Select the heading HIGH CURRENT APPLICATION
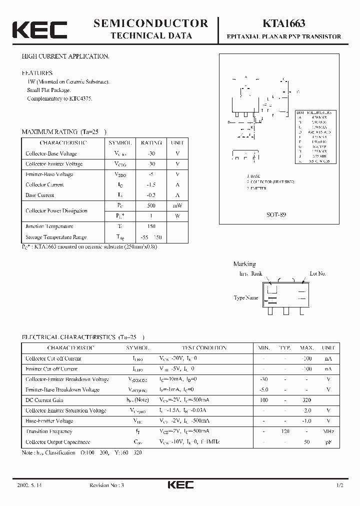(x=65, y=56)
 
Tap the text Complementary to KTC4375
(x=59, y=98)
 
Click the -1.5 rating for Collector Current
(x=151, y=184)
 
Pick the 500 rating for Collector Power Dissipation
(x=151, y=205)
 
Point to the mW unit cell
(x=177, y=205)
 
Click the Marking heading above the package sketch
(x=244, y=264)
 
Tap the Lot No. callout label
(x=317, y=273)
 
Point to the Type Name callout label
(x=246, y=298)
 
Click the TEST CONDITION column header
(x=203, y=347)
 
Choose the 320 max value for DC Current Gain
(x=306, y=400)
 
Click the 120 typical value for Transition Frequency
(x=285, y=431)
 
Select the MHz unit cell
(x=328, y=431)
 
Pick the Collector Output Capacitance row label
(x=58, y=441)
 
